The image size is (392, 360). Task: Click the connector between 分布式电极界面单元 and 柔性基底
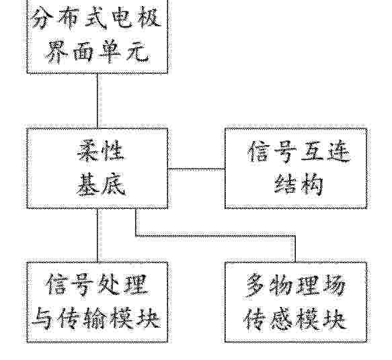click(97, 101)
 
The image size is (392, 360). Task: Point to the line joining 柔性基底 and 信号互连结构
click(196, 169)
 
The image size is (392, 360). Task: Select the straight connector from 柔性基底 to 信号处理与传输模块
click(97, 235)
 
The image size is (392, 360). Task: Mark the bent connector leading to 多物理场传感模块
click(215, 236)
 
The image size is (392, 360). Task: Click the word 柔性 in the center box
click(100, 151)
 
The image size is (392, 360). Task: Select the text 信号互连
click(299, 151)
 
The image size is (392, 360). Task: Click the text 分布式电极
click(96, 17)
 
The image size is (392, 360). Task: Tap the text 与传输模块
click(96, 318)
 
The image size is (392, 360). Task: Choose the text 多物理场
click(295, 285)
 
